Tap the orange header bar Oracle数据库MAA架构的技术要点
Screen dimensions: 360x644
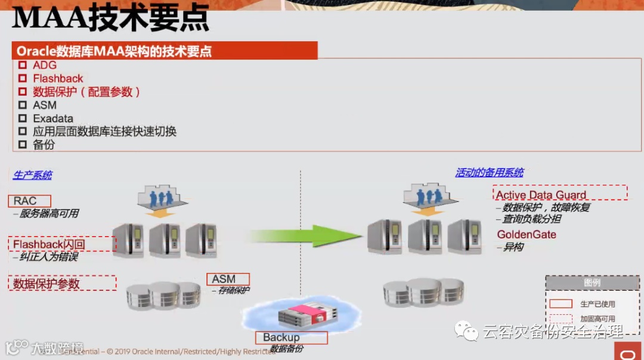(165, 51)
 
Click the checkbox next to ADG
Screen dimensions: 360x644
(23, 65)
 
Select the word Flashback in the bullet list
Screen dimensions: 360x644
(58, 79)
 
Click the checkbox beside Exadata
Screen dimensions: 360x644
(23, 118)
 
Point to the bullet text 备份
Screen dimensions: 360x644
(44, 145)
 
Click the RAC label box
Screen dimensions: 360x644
(30, 201)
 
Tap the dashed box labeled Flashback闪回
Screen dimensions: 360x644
(62, 244)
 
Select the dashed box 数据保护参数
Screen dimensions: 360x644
(62, 283)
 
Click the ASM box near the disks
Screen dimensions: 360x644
(228, 279)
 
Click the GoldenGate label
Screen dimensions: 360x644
(527, 234)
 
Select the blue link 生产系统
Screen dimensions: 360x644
(32, 175)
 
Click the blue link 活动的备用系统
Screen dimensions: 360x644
(489, 173)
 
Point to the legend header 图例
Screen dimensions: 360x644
(592, 283)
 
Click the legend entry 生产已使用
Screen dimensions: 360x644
(597, 304)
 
